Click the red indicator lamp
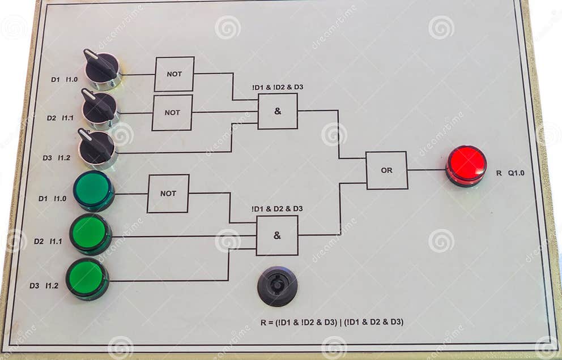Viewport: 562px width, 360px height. point(466,165)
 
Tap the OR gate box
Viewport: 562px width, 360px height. point(386,170)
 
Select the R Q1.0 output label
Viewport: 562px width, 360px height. point(510,173)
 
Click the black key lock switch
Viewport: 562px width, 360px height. point(277,286)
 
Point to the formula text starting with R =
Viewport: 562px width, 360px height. point(331,322)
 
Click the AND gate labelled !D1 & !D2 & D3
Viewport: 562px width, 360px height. point(278,111)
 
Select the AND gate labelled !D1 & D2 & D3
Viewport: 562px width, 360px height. point(277,235)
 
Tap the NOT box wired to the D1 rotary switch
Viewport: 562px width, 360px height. point(174,74)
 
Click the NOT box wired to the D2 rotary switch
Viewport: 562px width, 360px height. point(172,113)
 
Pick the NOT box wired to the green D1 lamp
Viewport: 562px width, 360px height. point(168,194)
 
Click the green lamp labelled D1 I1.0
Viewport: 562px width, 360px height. point(93,190)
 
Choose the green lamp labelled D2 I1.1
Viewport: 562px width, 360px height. point(90,233)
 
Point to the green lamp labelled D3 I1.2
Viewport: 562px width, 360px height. point(87,278)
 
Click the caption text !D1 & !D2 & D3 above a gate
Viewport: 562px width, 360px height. point(278,87)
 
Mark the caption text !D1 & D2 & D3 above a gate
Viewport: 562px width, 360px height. point(277,209)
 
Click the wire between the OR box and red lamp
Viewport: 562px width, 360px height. point(427,170)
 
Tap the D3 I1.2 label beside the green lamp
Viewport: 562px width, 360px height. point(44,286)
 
